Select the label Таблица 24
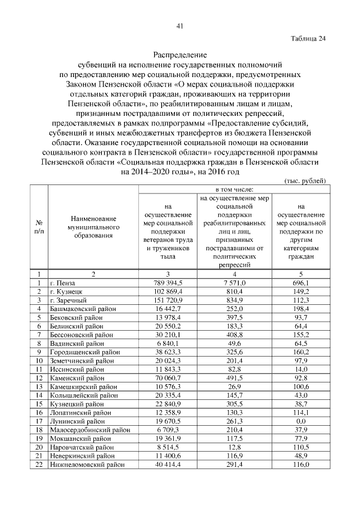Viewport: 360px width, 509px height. tap(308, 39)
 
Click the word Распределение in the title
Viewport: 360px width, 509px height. tap(180, 55)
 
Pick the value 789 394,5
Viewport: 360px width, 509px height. tap(168, 282)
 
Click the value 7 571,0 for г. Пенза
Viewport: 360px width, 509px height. tap(233, 282)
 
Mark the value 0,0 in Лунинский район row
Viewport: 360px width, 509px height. tap(301, 420)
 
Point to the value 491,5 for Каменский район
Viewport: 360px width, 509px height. tap(233, 378)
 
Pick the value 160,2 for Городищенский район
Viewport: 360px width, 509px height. tap(301, 352)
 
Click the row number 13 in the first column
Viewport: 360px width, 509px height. tap(39, 386)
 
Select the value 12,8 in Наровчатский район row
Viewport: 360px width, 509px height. tap(233, 447)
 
